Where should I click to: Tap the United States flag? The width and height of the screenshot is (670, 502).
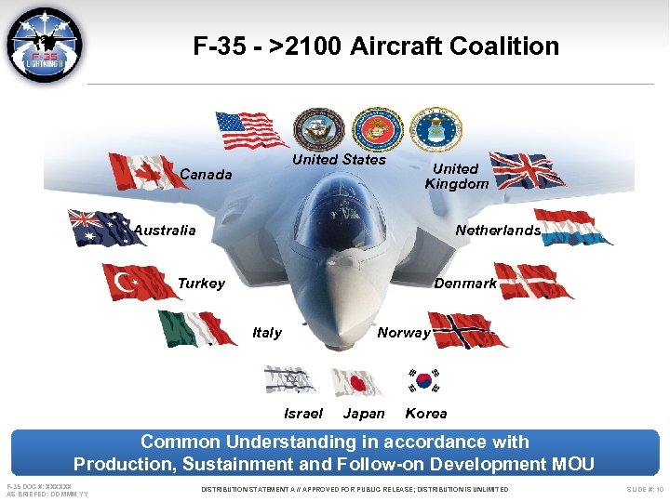click(x=250, y=130)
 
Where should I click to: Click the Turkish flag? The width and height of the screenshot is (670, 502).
click(x=141, y=282)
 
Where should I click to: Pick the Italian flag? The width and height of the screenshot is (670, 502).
click(x=196, y=328)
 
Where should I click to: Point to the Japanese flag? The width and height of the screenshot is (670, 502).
click(x=358, y=382)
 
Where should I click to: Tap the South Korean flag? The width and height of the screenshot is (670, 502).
click(x=423, y=379)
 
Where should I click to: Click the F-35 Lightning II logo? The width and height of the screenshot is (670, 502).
click(x=44, y=46)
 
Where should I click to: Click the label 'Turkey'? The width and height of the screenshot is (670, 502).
click(x=201, y=284)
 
